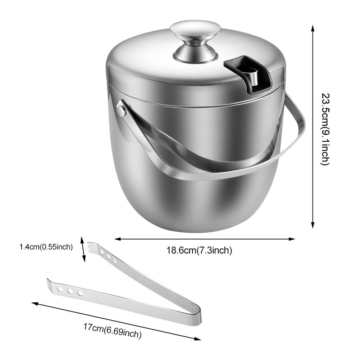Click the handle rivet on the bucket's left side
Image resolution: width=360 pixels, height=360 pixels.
coord(122,109)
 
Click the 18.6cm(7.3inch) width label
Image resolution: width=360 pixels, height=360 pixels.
coord(199,250)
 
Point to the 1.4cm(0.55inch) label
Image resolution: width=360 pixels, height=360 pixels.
coord(46,247)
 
